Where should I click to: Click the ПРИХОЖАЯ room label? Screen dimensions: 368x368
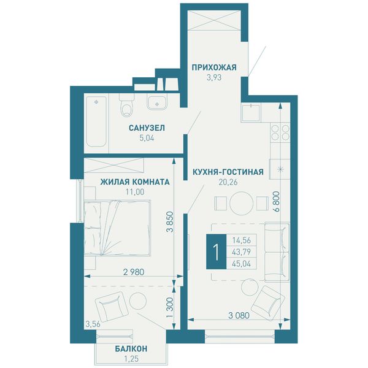click(214, 67)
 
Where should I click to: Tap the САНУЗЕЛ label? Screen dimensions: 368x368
click(147, 128)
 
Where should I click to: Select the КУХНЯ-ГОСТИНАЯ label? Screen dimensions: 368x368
click(228, 172)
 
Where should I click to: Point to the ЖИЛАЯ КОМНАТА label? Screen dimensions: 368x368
click(135, 182)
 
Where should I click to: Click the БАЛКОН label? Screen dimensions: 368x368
click(131, 349)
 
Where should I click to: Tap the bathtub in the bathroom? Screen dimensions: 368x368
click(96, 121)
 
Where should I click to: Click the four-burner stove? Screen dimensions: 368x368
click(280, 132)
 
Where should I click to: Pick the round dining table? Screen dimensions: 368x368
click(241, 203)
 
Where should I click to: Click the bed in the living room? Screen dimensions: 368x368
click(117, 228)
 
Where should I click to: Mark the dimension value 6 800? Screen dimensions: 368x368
click(277, 202)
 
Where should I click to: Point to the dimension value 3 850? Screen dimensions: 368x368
click(170, 222)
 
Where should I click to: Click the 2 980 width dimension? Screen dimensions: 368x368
click(134, 272)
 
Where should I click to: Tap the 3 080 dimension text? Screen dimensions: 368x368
click(239, 315)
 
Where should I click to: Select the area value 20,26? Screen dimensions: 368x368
click(228, 182)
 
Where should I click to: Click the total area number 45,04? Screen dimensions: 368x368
click(242, 264)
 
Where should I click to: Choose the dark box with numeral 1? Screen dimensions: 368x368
click(216, 251)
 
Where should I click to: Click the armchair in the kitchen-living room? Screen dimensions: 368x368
click(268, 303)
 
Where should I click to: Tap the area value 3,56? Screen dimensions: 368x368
click(93, 324)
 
